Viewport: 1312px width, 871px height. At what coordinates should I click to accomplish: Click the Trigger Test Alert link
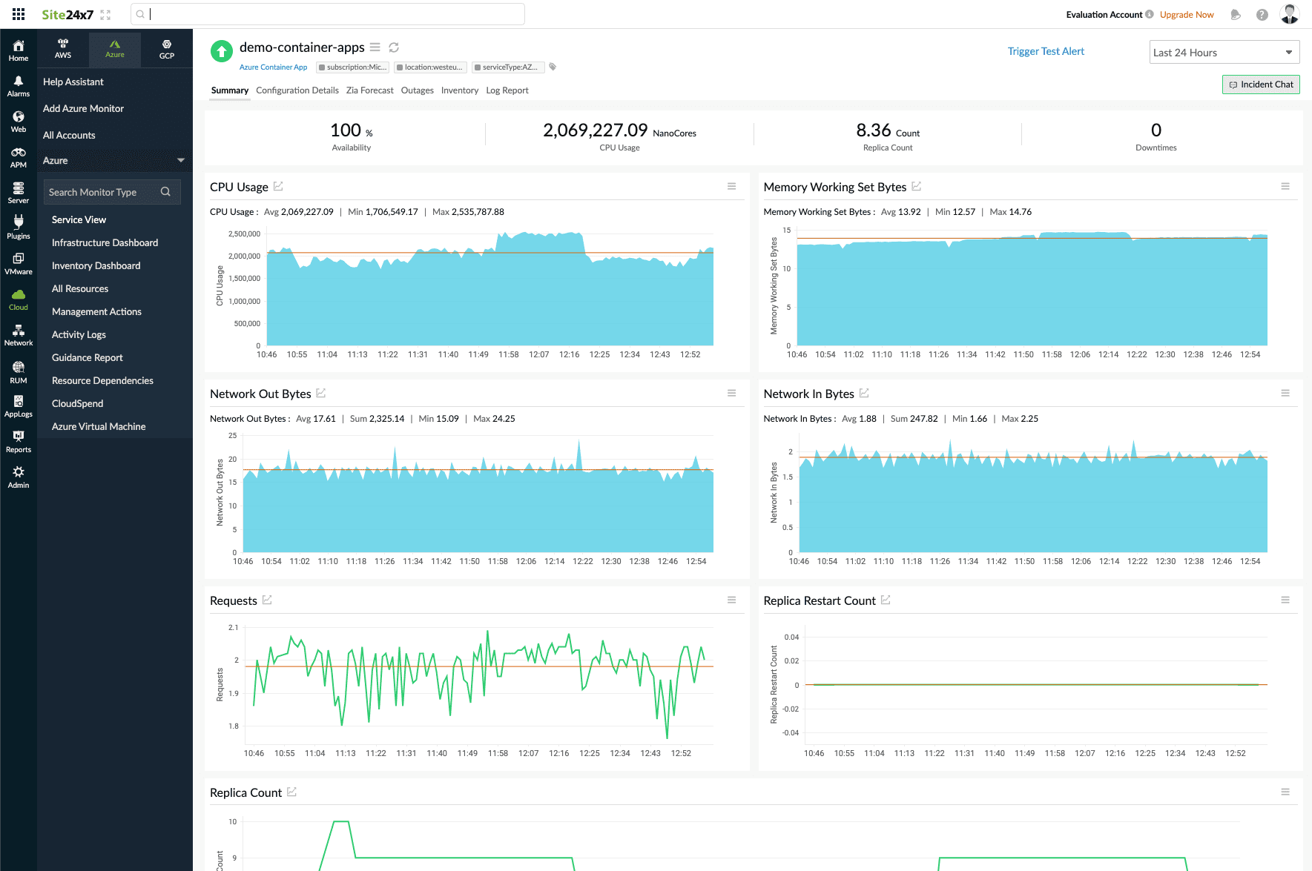point(1045,51)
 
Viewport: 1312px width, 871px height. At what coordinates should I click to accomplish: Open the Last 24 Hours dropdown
point(1224,53)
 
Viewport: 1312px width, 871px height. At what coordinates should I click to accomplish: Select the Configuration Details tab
point(297,90)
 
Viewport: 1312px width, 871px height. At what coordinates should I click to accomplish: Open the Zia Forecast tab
point(369,90)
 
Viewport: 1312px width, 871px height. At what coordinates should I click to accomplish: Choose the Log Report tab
point(507,90)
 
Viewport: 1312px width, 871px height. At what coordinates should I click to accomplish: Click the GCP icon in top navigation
point(167,49)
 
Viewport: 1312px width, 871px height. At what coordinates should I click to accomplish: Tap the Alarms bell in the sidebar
point(19,86)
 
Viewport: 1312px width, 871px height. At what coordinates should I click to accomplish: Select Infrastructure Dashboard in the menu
point(105,242)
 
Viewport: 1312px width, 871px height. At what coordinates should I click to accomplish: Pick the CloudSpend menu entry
point(77,403)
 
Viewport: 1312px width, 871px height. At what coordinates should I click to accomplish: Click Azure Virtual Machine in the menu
point(99,426)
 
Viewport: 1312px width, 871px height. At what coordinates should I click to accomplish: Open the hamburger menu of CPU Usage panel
point(731,187)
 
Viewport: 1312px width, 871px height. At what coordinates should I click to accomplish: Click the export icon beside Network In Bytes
point(864,393)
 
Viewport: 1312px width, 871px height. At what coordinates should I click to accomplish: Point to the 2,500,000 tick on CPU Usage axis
point(244,234)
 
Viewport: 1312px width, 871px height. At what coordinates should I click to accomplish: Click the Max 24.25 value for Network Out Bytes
point(494,419)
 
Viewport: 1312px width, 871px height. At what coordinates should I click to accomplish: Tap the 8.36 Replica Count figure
point(874,130)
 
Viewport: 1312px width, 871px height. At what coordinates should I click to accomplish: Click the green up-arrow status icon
point(221,51)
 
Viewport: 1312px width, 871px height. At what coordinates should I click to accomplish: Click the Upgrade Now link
point(1186,15)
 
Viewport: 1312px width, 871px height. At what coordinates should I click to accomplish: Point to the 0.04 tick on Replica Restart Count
point(791,637)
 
